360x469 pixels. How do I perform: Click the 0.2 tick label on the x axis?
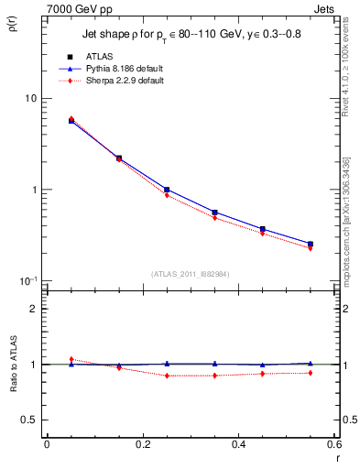click(x=142, y=444)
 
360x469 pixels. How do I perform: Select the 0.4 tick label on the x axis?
click(x=238, y=444)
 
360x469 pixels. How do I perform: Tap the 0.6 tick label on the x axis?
click(x=333, y=444)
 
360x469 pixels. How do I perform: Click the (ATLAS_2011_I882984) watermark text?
click(x=190, y=273)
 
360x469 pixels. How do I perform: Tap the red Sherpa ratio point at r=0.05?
click(x=71, y=359)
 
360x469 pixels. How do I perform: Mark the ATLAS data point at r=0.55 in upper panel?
click(x=311, y=244)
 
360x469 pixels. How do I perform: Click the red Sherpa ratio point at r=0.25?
click(x=167, y=376)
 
